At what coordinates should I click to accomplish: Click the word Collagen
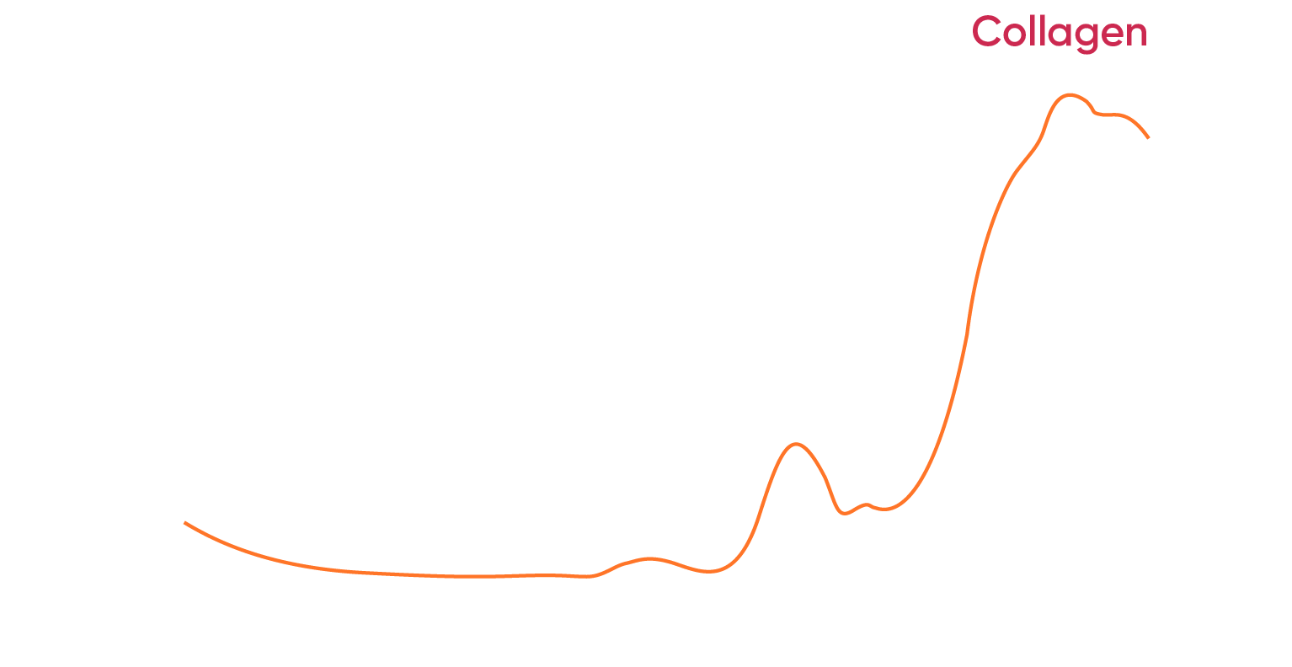click(x=1060, y=34)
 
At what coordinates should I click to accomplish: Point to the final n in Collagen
click(x=1135, y=35)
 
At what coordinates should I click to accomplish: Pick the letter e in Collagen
click(x=1112, y=35)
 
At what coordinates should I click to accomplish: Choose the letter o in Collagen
click(x=1013, y=35)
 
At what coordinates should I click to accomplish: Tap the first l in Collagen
click(x=1031, y=32)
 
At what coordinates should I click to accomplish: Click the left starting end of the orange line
click(x=185, y=523)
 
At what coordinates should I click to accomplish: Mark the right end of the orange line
click(x=1148, y=137)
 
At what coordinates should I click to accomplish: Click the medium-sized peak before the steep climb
click(x=795, y=444)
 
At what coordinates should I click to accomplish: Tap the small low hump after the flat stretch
click(x=649, y=558)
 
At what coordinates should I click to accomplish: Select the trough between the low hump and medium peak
click(x=710, y=572)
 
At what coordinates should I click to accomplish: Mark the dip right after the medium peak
click(x=845, y=513)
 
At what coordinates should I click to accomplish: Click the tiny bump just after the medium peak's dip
click(x=865, y=504)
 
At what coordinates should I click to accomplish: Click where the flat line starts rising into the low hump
click(x=594, y=576)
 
